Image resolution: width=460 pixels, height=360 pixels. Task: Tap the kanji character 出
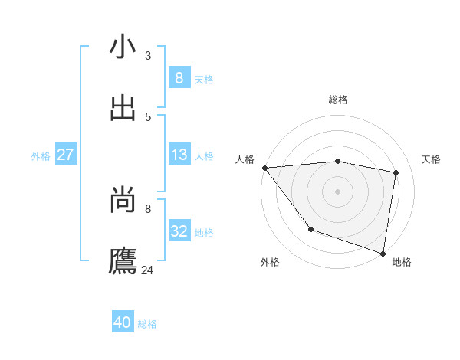[123, 108]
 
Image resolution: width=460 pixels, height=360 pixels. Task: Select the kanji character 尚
[123, 200]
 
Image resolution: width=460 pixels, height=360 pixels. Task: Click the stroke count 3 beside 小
[148, 55]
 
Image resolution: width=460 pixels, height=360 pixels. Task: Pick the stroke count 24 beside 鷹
[148, 270]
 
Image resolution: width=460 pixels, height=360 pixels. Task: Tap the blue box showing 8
[179, 77]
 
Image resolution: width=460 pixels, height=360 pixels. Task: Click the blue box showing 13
[179, 155]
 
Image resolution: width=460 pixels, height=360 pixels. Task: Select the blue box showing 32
[179, 231]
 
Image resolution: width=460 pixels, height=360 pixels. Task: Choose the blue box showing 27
[65, 155]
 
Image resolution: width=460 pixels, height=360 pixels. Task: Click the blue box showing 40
[123, 322]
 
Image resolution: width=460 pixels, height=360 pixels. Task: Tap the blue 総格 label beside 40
[147, 324]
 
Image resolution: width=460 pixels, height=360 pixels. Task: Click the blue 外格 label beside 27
[41, 156]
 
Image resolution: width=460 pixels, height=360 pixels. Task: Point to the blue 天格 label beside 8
[204, 79]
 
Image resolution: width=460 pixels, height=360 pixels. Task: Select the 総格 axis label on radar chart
[337, 100]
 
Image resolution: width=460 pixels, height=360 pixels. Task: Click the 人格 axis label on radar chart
[245, 159]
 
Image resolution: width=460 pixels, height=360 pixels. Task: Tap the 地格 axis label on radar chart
[402, 262]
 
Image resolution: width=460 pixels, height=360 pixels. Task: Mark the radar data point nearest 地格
[383, 253]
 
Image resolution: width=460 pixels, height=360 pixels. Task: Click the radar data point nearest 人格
[264, 168]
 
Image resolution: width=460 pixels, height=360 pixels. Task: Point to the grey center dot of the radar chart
[337, 191]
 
